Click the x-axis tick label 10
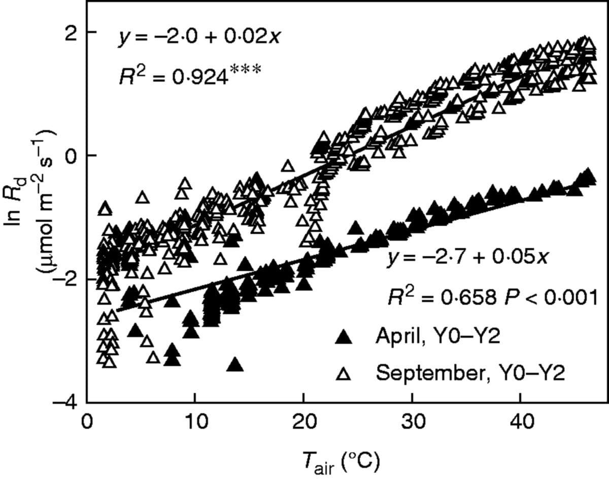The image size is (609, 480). pyautogui.click(x=195, y=422)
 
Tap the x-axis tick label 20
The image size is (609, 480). pyautogui.click(x=303, y=422)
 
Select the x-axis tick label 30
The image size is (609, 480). pyautogui.click(x=412, y=422)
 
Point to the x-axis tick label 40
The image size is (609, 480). pyautogui.click(x=520, y=422)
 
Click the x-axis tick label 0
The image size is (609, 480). pyautogui.click(x=87, y=422)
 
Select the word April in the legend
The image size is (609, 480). pyautogui.click(x=396, y=337)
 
